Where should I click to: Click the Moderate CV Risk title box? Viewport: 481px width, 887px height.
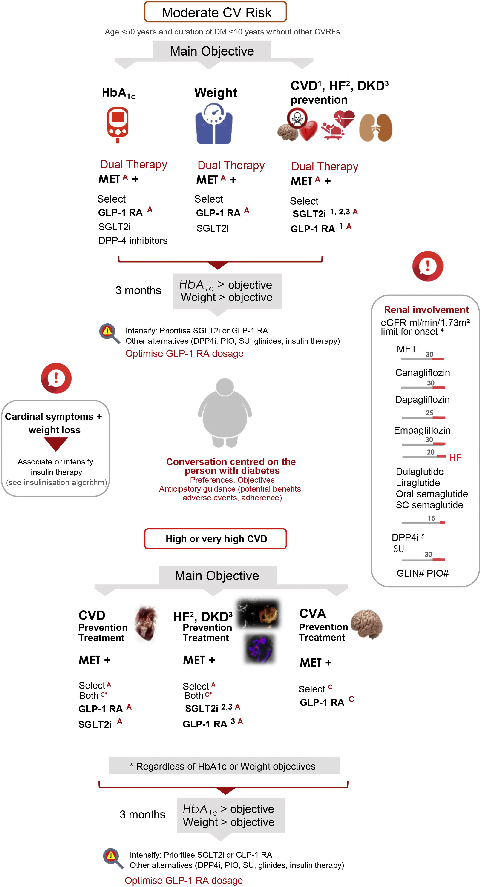click(215, 12)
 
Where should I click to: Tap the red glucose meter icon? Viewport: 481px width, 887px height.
click(118, 124)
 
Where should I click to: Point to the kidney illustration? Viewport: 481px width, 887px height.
click(376, 127)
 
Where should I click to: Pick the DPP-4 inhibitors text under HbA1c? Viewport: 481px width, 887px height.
click(133, 241)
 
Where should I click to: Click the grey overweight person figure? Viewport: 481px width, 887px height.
click(225, 412)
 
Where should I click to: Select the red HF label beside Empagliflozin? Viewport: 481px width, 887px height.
click(455, 457)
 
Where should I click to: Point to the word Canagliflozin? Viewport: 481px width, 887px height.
click(422, 372)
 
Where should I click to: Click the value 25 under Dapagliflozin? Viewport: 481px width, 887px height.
click(429, 412)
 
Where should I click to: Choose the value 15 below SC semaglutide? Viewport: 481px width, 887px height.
click(431, 518)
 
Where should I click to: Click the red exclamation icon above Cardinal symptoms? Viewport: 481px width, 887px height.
click(56, 378)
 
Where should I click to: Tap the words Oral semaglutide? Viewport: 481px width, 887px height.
click(432, 494)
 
